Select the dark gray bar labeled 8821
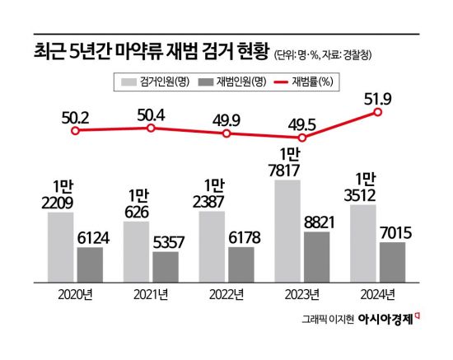coord(317,256)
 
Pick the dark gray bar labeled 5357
coord(166,266)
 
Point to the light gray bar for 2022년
coord(212,245)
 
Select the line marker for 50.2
coord(75,131)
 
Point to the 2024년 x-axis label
coord(378,294)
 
